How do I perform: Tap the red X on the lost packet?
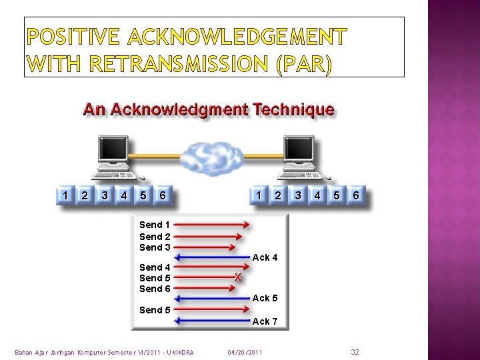pyautogui.click(x=237, y=277)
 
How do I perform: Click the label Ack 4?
pyautogui.click(x=265, y=257)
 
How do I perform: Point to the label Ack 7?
pyautogui.click(x=265, y=321)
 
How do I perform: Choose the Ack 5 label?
pyautogui.click(x=265, y=298)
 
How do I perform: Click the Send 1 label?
pyautogui.click(x=155, y=225)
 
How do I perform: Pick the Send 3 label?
pyautogui.click(x=155, y=247)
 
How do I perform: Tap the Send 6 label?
pyautogui.click(x=155, y=289)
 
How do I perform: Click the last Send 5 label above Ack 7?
pyautogui.click(x=155, y=310)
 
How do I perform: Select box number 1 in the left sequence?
pyautogui.click(x=65, y=195)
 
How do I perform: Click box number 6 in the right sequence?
pyautogui.click(x=357, y=195)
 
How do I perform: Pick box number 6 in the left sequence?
pyautogui.click(x=163, y=195)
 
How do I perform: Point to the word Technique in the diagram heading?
pyautogui.click(x=293, y=109)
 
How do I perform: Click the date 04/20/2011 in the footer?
pyautogui.click(x=245, y=351)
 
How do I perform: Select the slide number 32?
pyautogui.click(x=355, y=351)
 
